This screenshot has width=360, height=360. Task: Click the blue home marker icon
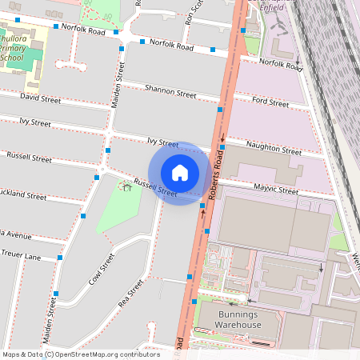[x=180, y=173]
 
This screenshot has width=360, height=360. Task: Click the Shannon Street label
[x=170, y=92]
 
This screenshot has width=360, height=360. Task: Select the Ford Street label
[x=270, y=102]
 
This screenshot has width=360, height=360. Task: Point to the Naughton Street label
[x=274, y=150]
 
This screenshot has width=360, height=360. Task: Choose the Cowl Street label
[x=102, y=270]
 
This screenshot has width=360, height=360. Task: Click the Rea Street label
[x=130, y=293]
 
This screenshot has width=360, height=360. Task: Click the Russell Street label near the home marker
[x=155, y=188]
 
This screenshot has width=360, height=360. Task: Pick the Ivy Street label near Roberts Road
[x=162, y=142]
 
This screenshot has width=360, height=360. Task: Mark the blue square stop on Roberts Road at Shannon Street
[x=220, y=109]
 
